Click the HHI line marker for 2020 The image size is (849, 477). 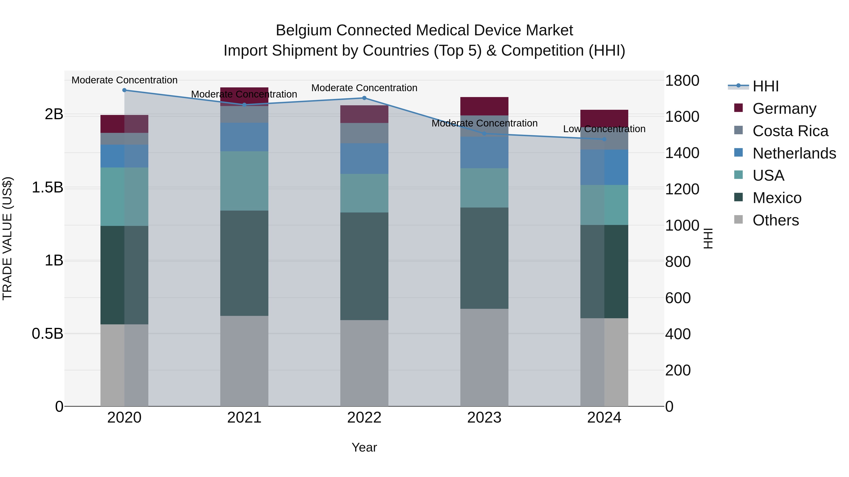(x=124, y=90)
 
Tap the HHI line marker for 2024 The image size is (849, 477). (x=604, y=139)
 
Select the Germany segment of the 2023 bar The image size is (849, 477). (x=484, y=106)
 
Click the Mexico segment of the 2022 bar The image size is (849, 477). (x=364, y=266)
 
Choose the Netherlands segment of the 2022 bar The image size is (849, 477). (x=364, y=158)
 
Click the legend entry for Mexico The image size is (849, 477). (x=777, y=198)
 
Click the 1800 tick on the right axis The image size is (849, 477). (x=682, y=81)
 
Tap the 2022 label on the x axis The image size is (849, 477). (x=364, y=418)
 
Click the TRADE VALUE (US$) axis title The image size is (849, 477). (x=7, y=238)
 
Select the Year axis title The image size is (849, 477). (x=364, y=447)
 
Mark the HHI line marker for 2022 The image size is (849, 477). (x=364, y=98)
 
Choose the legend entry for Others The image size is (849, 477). (x=775, y=220)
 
